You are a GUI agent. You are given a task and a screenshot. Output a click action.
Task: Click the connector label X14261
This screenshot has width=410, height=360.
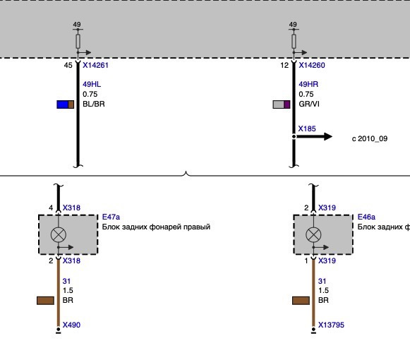(x=95, y=65)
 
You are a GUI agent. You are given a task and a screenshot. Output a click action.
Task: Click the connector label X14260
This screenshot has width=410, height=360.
(x=312, y=65)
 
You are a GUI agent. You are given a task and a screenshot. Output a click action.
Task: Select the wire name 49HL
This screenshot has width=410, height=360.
(x=92, y=84)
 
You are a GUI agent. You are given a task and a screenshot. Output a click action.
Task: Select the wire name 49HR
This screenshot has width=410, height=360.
(x=308, y=84)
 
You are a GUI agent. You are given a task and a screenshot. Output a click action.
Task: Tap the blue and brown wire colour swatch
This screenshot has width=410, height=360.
(x=66, y=104)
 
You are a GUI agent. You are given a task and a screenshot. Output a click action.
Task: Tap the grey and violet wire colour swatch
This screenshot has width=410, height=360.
(x=282, y=104)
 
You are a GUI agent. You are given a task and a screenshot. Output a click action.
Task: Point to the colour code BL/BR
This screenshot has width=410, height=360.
(x=94, y=104)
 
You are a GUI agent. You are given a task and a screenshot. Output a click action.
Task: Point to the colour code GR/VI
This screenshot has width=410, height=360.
(x=309, y=104)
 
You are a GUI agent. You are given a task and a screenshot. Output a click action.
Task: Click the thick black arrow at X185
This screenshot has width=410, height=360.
(x=314, y=136)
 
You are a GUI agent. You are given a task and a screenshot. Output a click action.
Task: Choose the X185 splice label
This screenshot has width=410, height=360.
(x=307, y=128)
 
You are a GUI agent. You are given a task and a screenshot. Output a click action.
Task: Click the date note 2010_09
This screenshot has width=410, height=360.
(x=373, y=138)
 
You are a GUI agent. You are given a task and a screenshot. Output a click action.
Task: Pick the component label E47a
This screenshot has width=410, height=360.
(x=111, y=217)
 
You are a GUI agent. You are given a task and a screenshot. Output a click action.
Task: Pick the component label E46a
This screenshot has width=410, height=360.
(x=366, y=217)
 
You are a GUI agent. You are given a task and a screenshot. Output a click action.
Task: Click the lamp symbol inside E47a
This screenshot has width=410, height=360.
(x=59, y=234)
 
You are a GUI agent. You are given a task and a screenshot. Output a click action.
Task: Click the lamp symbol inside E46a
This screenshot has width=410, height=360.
(x=313, y=234)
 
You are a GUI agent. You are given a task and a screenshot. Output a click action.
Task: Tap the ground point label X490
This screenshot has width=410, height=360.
(x=71, y=325)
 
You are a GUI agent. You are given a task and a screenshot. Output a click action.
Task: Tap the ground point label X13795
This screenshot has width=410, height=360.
(x=331, y=325)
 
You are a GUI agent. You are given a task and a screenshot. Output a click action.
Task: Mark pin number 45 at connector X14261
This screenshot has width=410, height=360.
(x=68, y=65)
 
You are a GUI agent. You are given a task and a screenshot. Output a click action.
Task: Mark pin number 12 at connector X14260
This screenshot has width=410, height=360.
(x=284, y=65)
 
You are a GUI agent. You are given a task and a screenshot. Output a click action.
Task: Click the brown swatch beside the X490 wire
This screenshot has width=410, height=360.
(x=45, y=301)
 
